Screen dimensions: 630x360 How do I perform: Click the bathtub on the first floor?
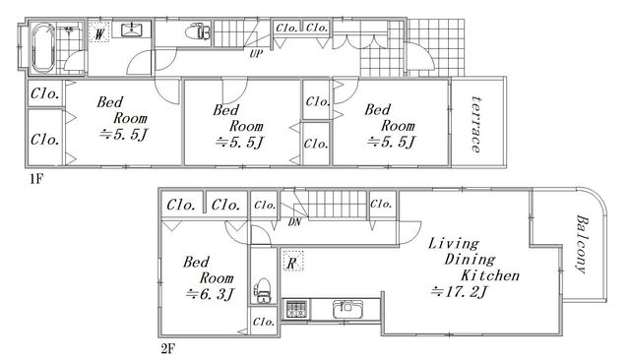43,48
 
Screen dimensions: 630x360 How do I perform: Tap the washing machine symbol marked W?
98,31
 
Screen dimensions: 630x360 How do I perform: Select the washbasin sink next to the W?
131,29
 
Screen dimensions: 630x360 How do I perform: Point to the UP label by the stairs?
256,54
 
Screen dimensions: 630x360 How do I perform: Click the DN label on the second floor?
294,222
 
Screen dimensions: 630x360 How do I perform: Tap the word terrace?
476,124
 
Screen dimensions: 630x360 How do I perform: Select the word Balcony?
582,244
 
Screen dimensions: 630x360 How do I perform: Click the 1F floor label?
35,179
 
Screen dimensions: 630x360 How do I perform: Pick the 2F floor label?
168,349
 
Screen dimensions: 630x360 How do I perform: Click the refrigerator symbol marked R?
292,261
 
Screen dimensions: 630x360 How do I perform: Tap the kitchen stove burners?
295,309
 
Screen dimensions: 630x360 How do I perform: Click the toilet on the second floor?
263,290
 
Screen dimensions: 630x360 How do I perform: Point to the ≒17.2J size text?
459,292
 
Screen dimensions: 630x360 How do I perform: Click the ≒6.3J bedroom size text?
210,294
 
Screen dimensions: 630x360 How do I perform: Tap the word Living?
454,244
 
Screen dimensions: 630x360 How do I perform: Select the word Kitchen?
490,275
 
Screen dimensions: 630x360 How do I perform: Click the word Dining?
470,260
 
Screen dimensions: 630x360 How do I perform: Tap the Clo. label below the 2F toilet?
264,322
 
